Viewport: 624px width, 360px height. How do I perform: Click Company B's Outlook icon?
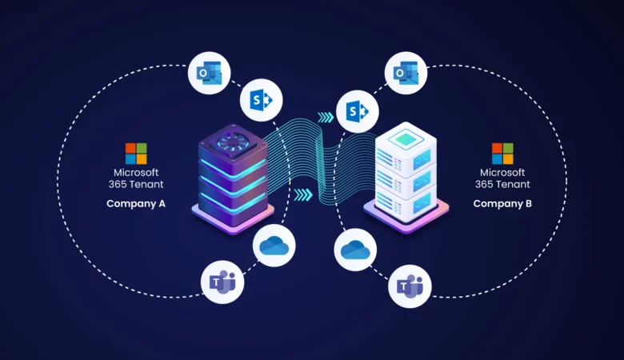click(406, 73)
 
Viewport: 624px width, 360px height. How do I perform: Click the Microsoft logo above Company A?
click(136, 153)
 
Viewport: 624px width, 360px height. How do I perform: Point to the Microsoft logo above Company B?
click(502, 153)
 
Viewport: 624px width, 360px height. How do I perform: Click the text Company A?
click(136, 203)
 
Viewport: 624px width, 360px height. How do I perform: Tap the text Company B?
click(502, 203)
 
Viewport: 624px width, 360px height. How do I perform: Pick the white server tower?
click(406, 176)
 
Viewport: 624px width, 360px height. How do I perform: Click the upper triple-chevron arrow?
click(326, 117)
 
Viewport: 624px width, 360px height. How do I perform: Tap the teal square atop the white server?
click(406, 138)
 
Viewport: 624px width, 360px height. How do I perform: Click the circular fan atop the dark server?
click(231, 141)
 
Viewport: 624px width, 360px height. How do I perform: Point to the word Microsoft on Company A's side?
click(136, 172)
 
